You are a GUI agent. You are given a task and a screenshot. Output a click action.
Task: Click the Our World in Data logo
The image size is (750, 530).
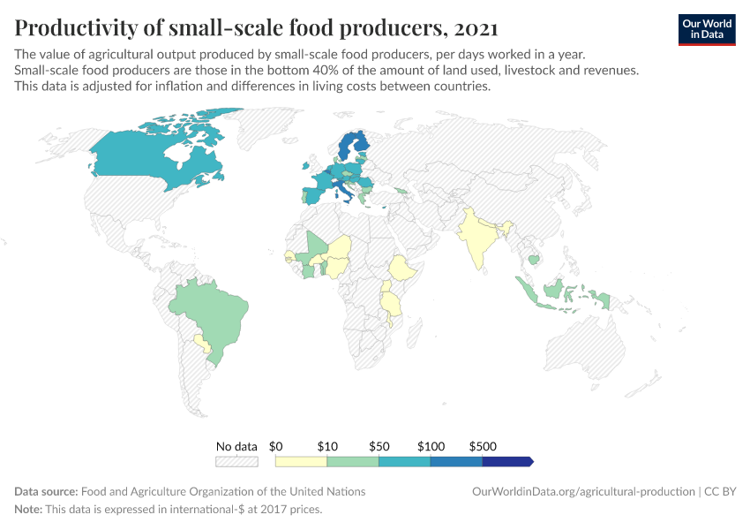706,29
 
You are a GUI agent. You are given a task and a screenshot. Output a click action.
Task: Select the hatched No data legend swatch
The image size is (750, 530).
236,461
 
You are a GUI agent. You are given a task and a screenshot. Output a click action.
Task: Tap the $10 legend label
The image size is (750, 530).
327,446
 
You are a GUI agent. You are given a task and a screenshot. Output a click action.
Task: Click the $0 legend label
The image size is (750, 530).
275,446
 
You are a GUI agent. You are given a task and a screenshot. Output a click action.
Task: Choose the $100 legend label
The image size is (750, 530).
431,446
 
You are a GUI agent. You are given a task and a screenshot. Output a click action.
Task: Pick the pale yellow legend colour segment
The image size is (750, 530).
301,461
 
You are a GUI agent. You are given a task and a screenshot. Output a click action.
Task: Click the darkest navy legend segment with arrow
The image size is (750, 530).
507,461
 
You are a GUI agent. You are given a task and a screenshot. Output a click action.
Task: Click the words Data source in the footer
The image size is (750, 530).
46,491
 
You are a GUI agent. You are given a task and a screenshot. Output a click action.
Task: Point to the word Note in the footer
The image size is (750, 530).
27,510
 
